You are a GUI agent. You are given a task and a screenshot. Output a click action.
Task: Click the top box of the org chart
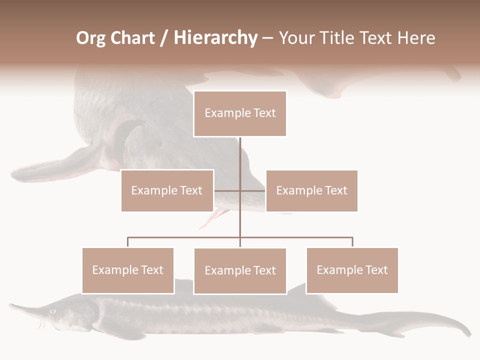point(240,113)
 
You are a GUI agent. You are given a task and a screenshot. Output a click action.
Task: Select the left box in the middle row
point(167,190)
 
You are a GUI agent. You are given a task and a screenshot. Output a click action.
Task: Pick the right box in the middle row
point(311,190)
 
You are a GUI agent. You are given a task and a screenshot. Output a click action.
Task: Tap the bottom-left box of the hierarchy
point(128,270)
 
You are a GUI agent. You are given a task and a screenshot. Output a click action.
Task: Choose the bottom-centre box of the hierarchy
point(240,270)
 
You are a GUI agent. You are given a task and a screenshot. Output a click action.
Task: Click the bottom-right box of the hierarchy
point(352,270)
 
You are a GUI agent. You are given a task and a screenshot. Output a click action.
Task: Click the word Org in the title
point(91,38)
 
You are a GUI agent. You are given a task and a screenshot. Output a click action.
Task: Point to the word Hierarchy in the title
point(215,38)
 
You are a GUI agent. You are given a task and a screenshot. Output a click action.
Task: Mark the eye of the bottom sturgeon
point(52,311)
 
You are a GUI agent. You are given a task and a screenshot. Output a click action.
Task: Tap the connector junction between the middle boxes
point(240,190)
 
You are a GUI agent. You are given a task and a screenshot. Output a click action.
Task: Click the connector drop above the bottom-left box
point(128,242)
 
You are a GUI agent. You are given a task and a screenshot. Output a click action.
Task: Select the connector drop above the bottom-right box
point(352,242)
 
